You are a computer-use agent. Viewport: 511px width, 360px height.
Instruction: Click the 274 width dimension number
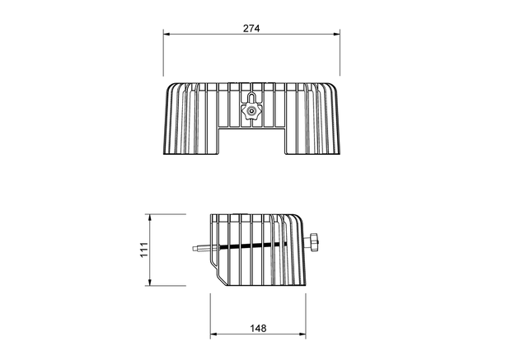(x=251, y=28)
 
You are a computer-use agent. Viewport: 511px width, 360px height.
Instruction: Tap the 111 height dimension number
(x=144, y=250)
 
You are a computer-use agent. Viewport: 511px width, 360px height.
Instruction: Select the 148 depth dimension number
(x=258, y=328)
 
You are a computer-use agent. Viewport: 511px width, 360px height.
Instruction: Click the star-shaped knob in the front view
(x=251, y=112)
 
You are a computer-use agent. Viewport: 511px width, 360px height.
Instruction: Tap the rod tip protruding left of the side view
(x=195, y=248)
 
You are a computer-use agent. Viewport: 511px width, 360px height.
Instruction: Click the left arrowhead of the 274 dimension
(x=166, y=34)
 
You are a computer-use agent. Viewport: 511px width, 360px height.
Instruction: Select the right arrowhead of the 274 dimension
(x=336, y=34)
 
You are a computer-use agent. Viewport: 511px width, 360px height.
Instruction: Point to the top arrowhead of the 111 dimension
(x=150, y=217)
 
